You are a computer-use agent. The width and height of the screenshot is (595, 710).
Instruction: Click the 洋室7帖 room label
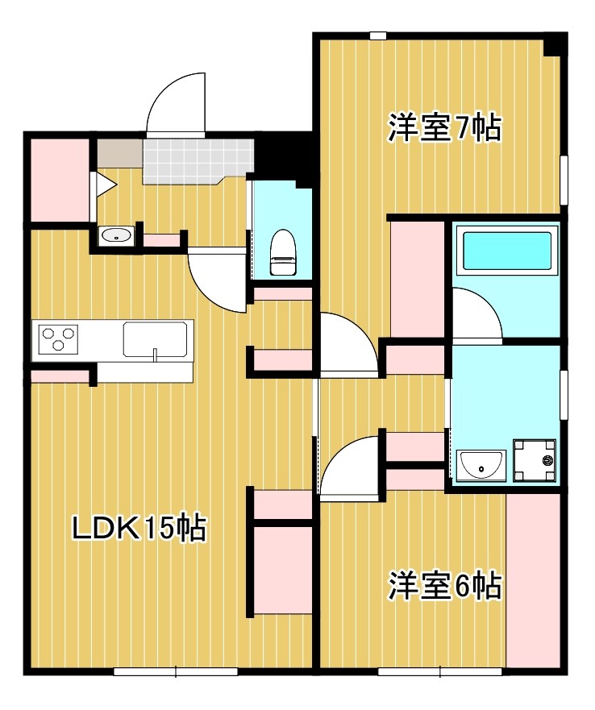point(445,128)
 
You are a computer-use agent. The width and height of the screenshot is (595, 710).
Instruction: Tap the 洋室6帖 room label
point(445,586)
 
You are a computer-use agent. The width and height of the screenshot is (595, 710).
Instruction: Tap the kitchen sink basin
point(157,338)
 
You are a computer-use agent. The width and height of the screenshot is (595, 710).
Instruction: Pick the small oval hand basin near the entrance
point(116,235)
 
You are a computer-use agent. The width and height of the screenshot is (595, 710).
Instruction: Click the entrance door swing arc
point(176,103)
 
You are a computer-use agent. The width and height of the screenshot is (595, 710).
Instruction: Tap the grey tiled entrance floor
point(198,160)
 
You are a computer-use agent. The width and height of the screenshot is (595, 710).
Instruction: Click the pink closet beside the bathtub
point(418,278)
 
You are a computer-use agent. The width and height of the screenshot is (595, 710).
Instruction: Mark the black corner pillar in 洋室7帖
point(553,45)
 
